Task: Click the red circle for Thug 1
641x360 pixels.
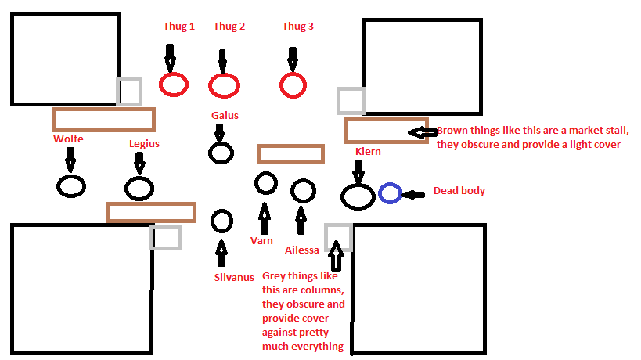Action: (x=173, y=85)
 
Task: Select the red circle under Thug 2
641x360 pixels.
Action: (x=224, y=85)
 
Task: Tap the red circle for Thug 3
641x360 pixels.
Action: (x=293, y=85)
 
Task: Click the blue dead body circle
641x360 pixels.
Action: (x=390, y=193)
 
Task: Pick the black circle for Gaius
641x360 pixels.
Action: (x=221, y=153)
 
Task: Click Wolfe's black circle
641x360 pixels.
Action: (x=71, y=186)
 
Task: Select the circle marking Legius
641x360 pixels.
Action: (x=139, y=189)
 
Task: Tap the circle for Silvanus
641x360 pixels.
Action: (x=221, y=221)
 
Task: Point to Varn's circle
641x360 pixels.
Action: (x=266, y=183)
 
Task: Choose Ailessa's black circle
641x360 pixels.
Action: (x=303, y=190)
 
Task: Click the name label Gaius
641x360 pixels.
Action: (x=225, y=116)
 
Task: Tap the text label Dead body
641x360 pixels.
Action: (x=459, y=191)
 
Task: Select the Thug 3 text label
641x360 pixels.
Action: (x=297, y=27)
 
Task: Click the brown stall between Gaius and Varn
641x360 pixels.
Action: (x=290, y=153)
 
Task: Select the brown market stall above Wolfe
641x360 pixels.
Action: (x=103, y=119)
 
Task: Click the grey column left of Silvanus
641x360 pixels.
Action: (x=166, y=238)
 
